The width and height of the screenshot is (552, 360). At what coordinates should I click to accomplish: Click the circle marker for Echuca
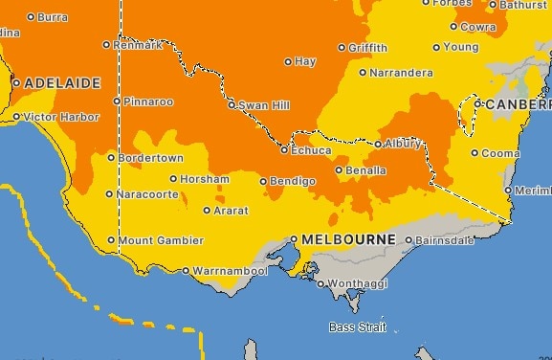[284, 150]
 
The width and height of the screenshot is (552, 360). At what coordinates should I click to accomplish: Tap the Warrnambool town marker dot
[186, 271]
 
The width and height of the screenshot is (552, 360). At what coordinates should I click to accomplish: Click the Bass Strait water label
[358, 327]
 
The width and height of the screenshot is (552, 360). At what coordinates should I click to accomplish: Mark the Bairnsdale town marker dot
[409, 240]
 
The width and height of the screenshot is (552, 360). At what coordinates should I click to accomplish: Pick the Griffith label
[368, 48]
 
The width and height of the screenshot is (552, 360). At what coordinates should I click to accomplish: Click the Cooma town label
[500, 152]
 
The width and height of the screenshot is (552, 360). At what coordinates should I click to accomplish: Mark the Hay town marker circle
[288, 62]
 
